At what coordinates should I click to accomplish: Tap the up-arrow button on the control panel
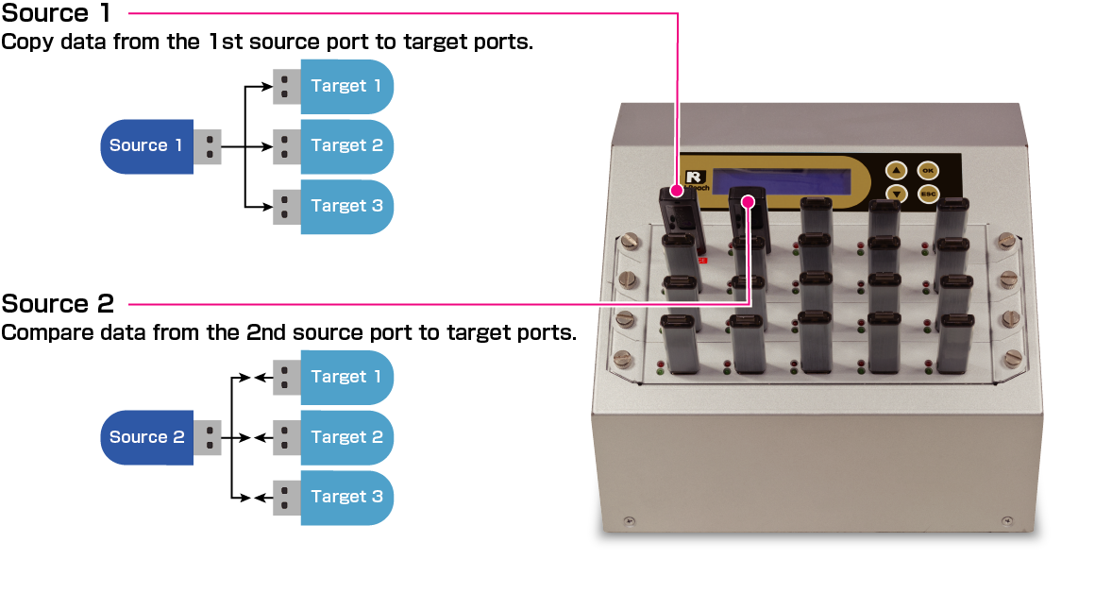(896, 171)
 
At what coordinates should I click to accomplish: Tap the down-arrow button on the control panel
(896, 195)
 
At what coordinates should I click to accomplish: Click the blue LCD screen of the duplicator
(791, 179)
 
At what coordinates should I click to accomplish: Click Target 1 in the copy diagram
(345, 86)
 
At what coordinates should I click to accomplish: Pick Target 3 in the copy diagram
(345, 206)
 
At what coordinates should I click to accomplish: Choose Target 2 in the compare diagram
(345, 437)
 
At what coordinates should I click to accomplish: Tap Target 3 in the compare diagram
(345, 497)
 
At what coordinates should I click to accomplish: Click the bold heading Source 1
(56, 14)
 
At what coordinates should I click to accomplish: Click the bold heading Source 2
(58, 304)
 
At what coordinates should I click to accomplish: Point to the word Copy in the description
(22, 42)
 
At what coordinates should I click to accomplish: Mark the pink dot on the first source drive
(677, 190)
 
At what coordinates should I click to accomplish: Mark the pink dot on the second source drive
(750, 200)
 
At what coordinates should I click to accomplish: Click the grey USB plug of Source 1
(208, 146)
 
